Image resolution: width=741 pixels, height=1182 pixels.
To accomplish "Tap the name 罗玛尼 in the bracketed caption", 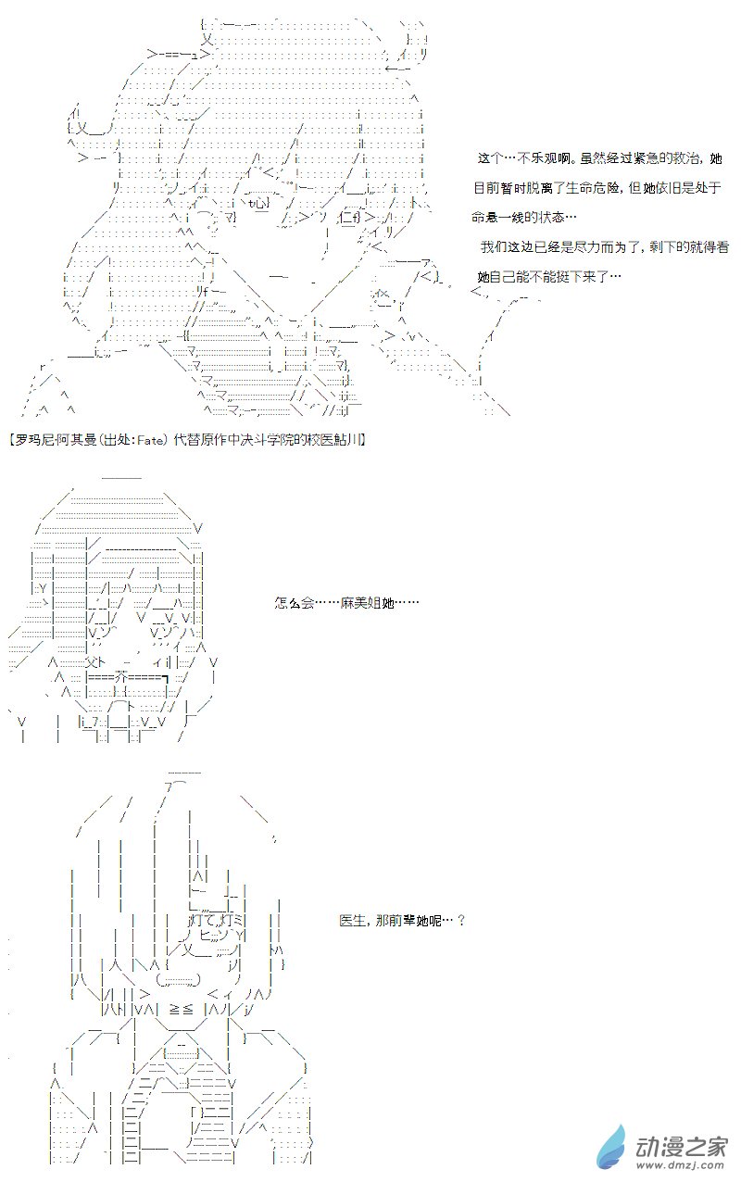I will tap(29, 439).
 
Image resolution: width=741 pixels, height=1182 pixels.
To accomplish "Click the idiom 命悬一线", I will tap(497, 218).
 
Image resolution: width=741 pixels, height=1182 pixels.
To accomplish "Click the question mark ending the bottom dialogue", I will tap(460, 922).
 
